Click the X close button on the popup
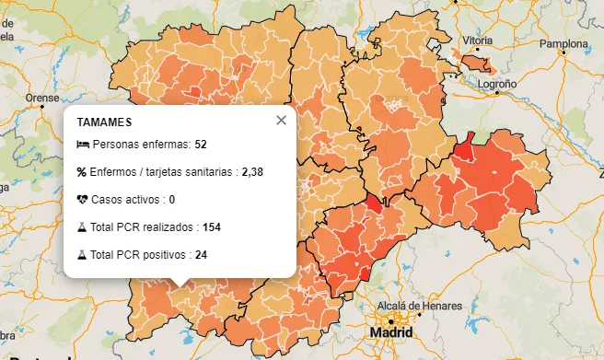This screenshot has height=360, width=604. [x=281, y=120]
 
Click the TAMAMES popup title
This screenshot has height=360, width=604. [x=104, y=122]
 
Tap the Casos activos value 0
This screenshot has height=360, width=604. [x=172, y=199]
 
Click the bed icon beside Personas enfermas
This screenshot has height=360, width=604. [x=82, y=145]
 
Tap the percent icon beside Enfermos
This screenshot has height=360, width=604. [x=82, y=171]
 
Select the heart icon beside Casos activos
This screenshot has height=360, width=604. [x=82, y=199]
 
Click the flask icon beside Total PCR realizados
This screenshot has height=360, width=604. [x=82, y=226]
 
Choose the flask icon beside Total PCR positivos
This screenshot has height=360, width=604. [x=82, y=254]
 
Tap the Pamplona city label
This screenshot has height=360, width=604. [x=562, y=42]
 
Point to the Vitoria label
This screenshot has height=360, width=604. [x=478, y=41]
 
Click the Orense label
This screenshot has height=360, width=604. [x=42, y=97]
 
